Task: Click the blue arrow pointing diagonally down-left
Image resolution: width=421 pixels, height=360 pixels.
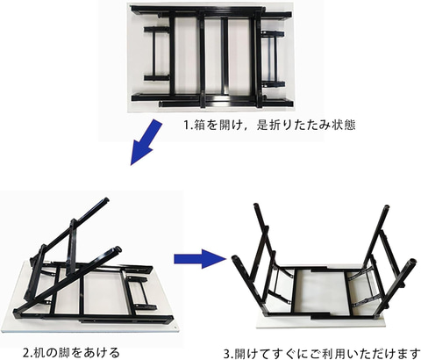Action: (x=146, y=141)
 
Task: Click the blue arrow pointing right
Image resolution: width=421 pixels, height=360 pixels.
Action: (x=200, y=259)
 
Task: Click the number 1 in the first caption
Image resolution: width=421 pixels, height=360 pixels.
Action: (x=186, y=126)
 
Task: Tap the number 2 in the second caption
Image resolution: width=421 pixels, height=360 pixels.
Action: (x=26, y=352)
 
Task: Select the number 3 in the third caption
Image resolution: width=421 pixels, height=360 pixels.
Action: (x=226, y=354)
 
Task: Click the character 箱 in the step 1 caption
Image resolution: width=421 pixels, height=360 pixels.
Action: (x=198, y=126)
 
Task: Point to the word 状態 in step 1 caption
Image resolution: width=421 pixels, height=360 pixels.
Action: (x=345, y=126)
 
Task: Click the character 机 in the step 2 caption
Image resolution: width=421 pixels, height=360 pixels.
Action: (x=39, y=352)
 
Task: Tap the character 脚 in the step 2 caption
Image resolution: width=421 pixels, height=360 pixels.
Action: (x=63, y=352)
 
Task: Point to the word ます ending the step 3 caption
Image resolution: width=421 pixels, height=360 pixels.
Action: (x=409, y=354)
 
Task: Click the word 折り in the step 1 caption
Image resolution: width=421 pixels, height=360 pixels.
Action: (x=275, y=126)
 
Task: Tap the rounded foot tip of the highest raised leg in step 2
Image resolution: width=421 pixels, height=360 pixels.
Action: (x=106, y=200)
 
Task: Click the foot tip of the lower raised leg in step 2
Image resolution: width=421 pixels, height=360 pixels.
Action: (x=118, y=249)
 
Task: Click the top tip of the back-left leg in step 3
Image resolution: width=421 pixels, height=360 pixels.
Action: (x=256, y=205)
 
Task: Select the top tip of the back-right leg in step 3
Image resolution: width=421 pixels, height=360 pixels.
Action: (x=387, y=208)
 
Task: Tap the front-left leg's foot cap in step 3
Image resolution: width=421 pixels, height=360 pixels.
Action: (x=235, y=259)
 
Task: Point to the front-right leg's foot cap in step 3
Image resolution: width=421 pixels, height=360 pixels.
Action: (x=412, y=261)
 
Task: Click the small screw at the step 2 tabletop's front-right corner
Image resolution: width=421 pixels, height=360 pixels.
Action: (x=175, y=328)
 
